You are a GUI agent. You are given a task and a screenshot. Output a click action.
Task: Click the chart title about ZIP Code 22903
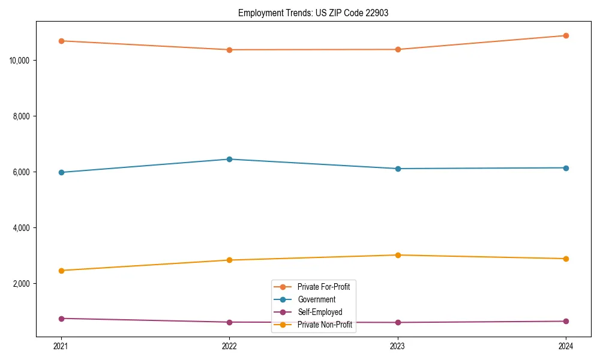click(313, 13)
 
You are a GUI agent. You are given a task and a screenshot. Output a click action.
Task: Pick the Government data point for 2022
click(229, 159)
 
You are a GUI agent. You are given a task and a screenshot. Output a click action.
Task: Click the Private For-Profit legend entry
click(323, 287)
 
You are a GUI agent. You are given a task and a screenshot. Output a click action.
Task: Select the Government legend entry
click(316, 299)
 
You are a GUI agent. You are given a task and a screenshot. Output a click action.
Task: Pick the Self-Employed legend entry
click(319, 312)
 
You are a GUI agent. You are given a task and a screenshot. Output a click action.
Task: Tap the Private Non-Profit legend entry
click(324, 325)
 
